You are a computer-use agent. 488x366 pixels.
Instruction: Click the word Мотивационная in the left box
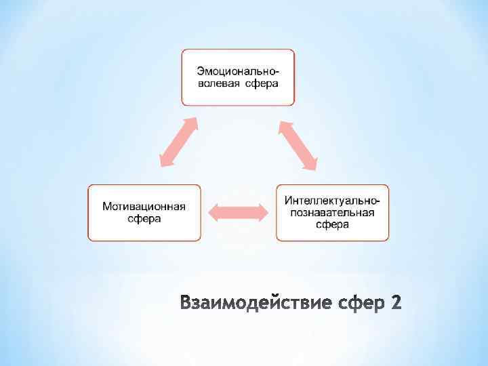tap(144, 206)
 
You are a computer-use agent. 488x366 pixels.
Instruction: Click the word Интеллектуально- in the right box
tap(332, 201)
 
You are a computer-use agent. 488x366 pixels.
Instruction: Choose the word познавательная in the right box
tap(332, 213)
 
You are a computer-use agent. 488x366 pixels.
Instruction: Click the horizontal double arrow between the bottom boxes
tap(238, 212)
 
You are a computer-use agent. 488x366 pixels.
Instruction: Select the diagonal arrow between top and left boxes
tap(178, 142)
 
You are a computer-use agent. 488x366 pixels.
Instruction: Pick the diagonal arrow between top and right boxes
tap(298, 144)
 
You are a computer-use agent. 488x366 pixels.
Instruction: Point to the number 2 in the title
tap(396, 302)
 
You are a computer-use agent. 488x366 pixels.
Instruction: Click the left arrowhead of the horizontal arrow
tap(213, 212)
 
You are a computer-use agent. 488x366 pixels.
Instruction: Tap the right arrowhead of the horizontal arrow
tap(262, 212)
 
